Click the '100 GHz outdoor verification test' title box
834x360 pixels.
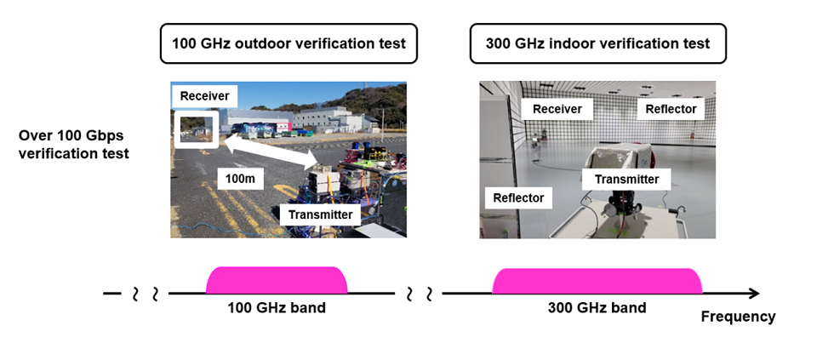tap(288, 43)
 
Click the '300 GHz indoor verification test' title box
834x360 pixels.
tap(597, 43)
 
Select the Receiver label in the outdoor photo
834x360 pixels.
tap(204, 96)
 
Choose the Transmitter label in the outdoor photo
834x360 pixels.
tap(319, 214)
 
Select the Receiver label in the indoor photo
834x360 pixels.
tap(557, 109)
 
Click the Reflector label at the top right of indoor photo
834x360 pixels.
tap(671, 109)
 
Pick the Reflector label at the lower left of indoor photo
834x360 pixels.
tap(518, 197)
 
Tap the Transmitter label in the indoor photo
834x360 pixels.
tap(626, 179)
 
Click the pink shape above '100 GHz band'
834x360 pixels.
tap(277, 280)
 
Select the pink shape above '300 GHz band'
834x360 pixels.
tap(597, 280)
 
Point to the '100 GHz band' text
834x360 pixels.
tap(277, 307)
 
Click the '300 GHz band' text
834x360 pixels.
tap(597, 307)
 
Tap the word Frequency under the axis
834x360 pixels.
tap(738, 317)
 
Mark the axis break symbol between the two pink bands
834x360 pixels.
tap(419, 294)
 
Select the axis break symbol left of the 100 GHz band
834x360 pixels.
tap(145, 294)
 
